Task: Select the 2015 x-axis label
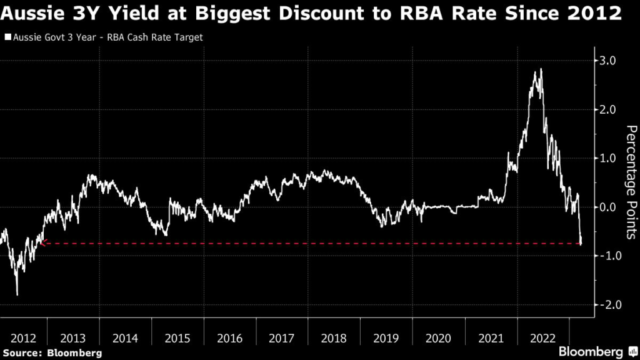(177, 339)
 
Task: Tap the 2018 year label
(334, 339)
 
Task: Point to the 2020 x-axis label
(437, 339)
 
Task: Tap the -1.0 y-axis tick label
(607, 256)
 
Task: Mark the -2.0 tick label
(607, 304)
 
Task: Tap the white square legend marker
(7, 37)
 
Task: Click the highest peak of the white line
(541, 69)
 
